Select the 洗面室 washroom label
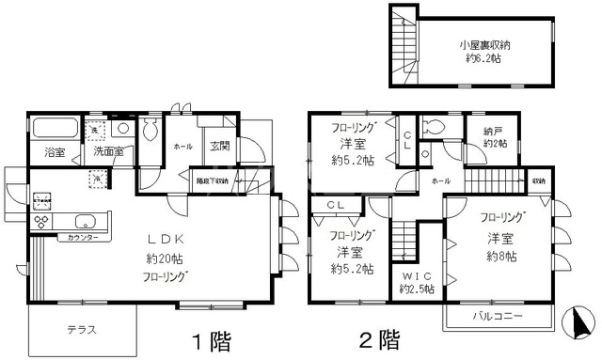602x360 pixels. point(104,152)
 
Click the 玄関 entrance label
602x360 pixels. point(220,147)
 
